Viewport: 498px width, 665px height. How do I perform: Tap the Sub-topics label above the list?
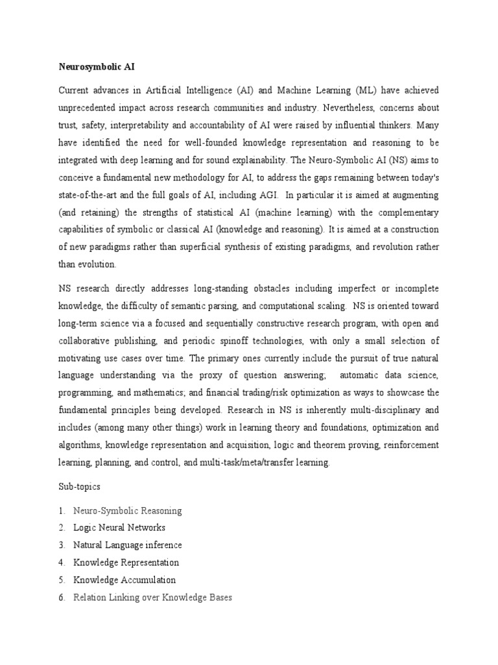click(77, 486)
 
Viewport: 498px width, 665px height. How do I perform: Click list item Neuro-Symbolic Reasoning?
click(128, 511)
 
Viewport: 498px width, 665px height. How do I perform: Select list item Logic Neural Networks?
click(119, 528)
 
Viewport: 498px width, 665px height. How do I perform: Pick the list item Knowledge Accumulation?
click(124, 580)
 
